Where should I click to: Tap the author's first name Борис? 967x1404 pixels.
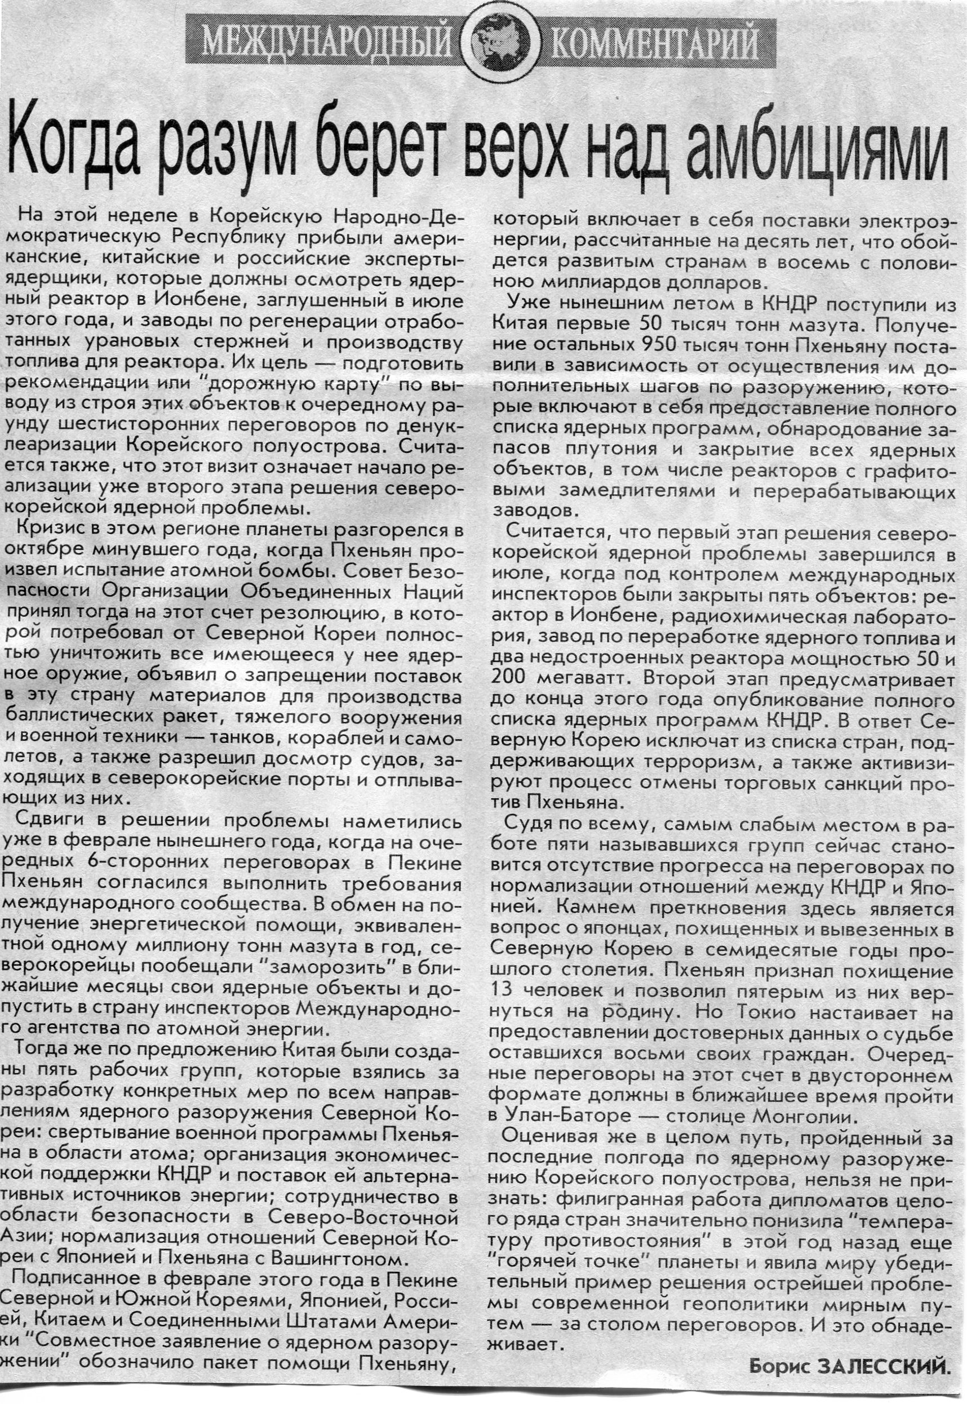click(x=780, y=1366)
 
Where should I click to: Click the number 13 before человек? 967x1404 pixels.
click(x=502, y=989)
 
